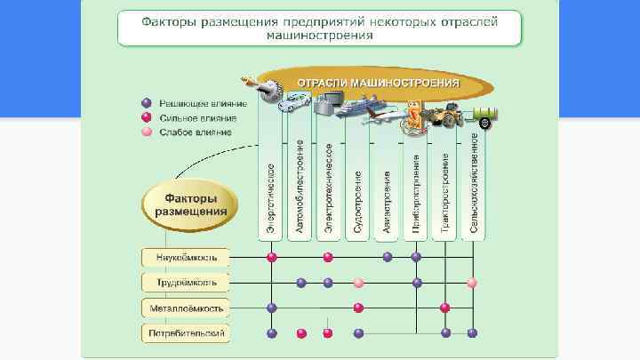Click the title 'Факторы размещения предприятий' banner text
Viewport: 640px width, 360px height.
pyautogui.click(x=320, y=26)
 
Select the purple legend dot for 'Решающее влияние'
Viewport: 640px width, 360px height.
pyautogui.click(x=148, y=102)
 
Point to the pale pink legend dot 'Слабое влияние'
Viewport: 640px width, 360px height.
pyautogui.click(x=148, y=132)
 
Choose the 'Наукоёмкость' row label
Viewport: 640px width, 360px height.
pyautogui.click(x=186, y=257)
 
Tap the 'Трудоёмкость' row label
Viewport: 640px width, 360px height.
pyautogui.click(x=186, y=283)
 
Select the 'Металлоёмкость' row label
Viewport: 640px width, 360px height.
pyautogui.click(x=186, y=308)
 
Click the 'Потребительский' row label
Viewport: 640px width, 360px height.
pyautogui.click(x=186, y=333)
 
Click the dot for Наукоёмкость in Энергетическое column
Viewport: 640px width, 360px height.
pyautogui.click(x=272, y=257)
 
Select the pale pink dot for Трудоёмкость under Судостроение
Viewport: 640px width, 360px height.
pyautogui.click(x=358, y=283)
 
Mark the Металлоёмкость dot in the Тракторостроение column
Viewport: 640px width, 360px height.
pyautogui.click(x=444, y=308)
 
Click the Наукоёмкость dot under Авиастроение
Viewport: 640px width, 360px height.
pyautogui.click(x=388, y=257)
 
